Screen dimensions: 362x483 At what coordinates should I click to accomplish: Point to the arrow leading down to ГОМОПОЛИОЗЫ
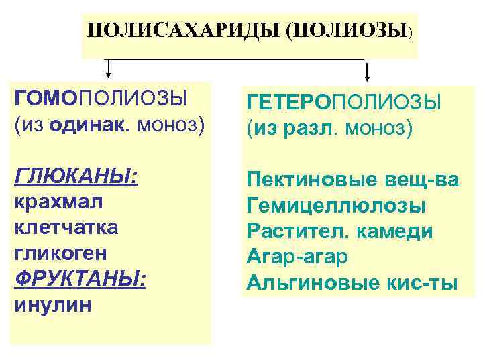108,68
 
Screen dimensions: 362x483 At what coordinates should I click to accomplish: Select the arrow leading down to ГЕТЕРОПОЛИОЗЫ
367,70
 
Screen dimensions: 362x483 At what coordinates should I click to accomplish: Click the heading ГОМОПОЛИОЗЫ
100,99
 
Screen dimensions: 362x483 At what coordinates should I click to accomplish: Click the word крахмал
57,202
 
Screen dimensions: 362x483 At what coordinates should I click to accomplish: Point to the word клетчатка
66,228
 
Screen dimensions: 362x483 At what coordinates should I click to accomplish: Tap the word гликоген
60,254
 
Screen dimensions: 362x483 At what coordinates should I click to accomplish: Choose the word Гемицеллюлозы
336,205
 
